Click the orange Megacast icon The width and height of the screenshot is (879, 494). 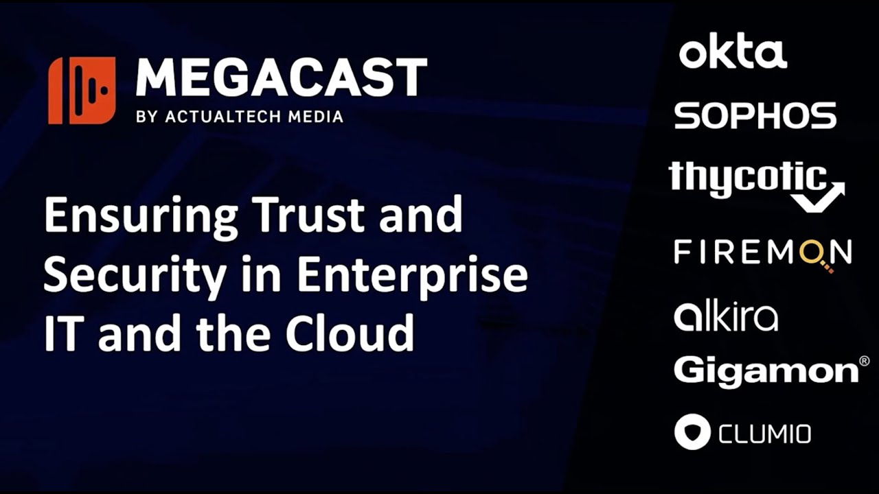tap(82, 91)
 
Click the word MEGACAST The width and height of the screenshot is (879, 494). tap(281, 78)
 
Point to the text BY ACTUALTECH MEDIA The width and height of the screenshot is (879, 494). tap(240, 117)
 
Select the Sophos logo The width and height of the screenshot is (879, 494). tap(755, 115)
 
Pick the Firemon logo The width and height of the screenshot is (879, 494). tap(762, 253)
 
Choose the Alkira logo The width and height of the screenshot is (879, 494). tap(726, 316)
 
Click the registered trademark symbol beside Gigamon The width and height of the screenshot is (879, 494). tap(864, 361)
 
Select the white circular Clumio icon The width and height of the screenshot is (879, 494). tap(692, 432)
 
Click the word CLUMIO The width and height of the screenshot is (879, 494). tap(764, 434)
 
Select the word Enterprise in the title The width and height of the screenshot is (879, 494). tap(412, 276)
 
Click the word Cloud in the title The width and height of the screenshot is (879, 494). tap(350, 333)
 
